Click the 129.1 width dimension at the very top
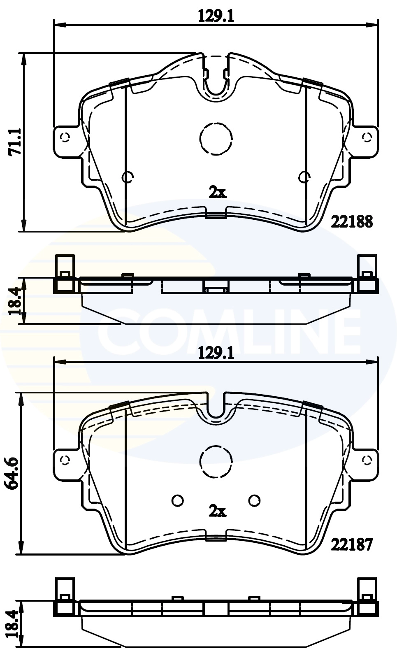pos(216,16)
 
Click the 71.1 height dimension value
pos(15,142)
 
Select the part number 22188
pos(352,222)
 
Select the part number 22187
pos(352,544)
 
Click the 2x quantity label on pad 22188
pos(217,192)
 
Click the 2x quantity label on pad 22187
pos(217,511)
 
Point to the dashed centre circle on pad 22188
pos(216,139)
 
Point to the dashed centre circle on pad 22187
pos(216,462)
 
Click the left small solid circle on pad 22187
pos(178,500)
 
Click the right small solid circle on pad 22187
pos(255,500)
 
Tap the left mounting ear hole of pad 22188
pos(65,137)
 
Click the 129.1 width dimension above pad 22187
pos(216,353)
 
